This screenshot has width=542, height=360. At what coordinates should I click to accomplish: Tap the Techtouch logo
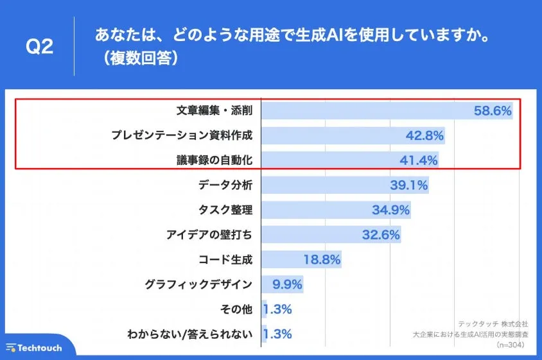tap(35, 347)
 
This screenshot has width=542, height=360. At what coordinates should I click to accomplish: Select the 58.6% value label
tap(493, 111)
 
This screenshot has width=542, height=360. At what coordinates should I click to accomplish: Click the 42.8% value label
tap(424, 135)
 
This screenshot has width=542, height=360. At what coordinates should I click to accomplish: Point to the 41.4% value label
tap(418, 160)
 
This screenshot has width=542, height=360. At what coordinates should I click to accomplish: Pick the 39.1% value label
tap(408, 185)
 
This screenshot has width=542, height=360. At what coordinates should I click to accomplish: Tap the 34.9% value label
tap(390, 210)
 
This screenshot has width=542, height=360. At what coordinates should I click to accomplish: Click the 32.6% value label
tap(381, 235)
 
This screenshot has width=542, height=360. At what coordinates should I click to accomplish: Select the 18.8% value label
tap(321, 260)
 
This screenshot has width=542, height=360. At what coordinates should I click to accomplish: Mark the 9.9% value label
tap(287, 284)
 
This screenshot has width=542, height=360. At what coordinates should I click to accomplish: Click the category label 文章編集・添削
tap(214, 110)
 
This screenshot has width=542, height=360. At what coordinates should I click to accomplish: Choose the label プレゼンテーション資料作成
tap(182, 135)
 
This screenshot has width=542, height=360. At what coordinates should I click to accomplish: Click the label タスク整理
tap(226, 210)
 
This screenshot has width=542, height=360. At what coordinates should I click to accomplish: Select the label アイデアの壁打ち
tap(209, 235)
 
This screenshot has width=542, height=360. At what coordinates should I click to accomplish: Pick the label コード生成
tap(226, 260)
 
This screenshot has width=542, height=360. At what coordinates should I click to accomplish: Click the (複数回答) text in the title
tap(135, 58)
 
